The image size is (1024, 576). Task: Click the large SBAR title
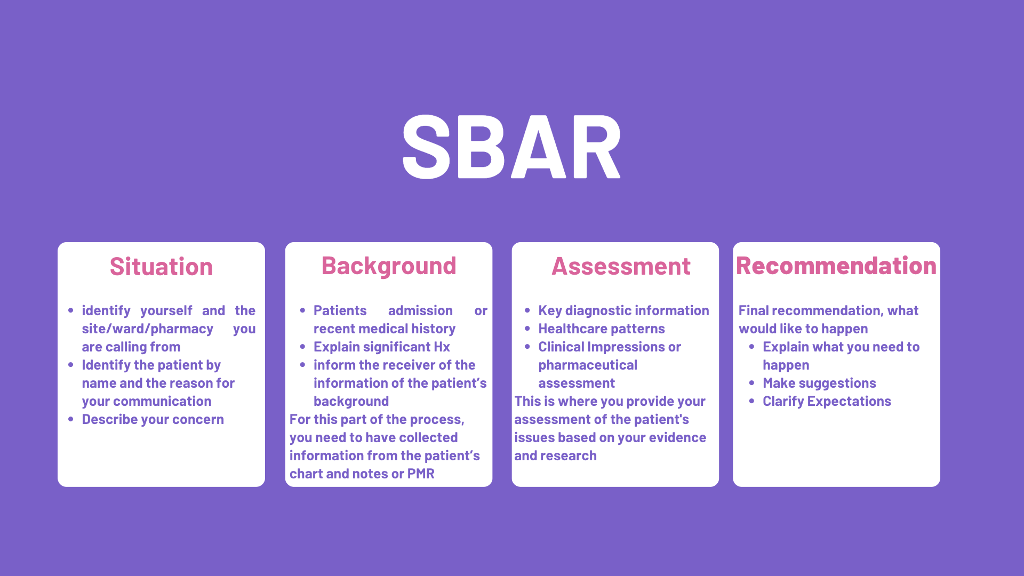coord(511,147)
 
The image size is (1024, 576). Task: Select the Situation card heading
coord(161,267)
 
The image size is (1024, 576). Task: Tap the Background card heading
coord(389,266)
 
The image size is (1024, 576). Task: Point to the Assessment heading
coord(621,266)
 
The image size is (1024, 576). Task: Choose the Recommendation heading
coord(836,266)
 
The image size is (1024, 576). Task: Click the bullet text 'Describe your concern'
coord(153,420)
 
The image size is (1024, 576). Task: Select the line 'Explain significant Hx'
coord(382,347)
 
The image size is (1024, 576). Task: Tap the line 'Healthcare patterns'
coord(602,329)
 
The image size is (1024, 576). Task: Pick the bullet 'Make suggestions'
coord(819,383)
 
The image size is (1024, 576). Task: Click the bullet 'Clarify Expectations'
coord(827,402)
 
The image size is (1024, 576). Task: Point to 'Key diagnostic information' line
coord(623,311)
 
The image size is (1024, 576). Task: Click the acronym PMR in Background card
coord(421,474)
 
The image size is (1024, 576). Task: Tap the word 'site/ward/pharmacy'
coord(147,329)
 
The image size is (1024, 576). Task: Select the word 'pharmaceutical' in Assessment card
coord(588,365)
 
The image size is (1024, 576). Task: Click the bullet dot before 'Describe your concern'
coord(71,419)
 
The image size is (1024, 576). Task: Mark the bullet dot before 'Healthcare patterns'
coord(527,329)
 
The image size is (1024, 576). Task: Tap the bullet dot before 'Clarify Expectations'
coord(751,401)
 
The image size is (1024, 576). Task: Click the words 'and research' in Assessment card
coord(555,456)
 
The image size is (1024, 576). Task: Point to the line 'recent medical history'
coord(385,329)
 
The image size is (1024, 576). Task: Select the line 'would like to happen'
coord(803,329)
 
